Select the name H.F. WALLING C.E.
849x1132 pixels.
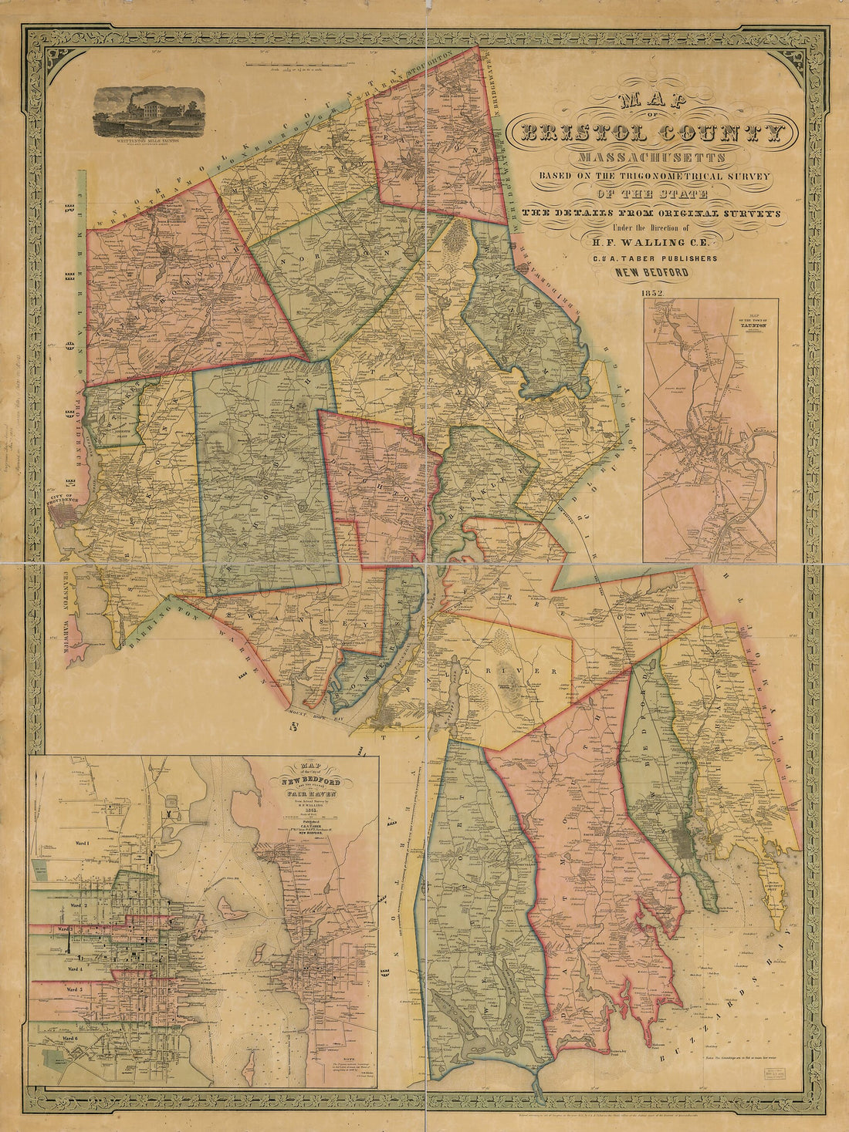click(x=645, y=242)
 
